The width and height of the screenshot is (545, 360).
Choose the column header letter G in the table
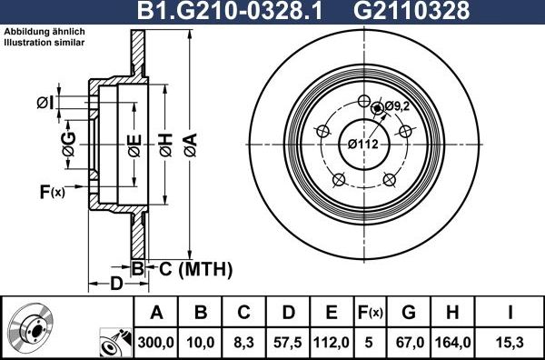coord(408,313)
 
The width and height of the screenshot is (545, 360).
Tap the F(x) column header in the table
coord(370,313)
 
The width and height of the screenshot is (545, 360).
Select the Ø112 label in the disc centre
coord(363,144)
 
